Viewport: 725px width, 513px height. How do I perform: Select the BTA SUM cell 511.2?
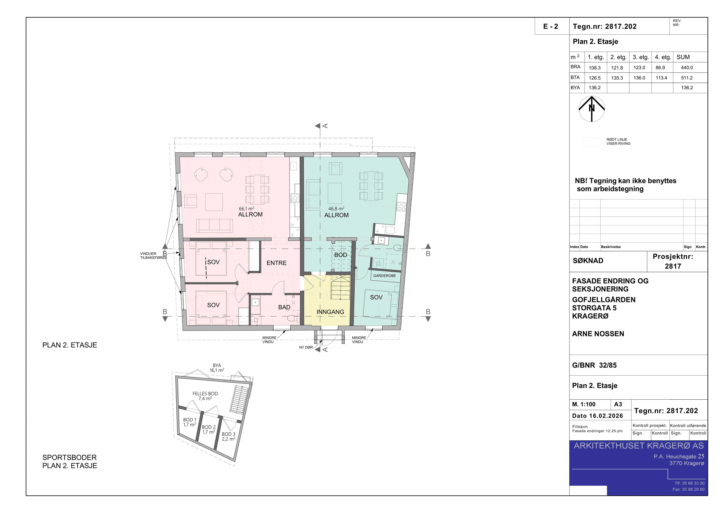[x=687, y=78]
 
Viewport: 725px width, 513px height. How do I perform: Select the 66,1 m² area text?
[x=247, y=209]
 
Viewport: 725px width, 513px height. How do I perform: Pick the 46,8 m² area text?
[x=336, y=209]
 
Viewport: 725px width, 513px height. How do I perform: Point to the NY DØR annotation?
[x=306, y=347]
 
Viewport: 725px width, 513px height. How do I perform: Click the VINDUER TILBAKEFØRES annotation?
[x=153, y=256]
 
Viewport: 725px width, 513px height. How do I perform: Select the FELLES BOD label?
[x=205, y=394]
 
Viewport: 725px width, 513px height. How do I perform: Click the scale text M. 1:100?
[x=584, y=404]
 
